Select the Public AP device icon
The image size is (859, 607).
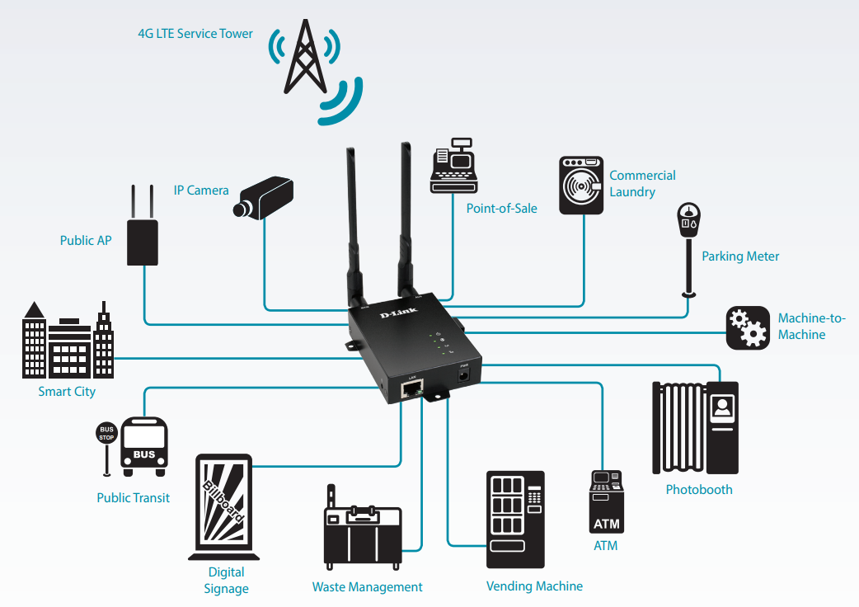point(143,238)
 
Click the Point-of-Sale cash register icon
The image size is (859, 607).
point(453,170)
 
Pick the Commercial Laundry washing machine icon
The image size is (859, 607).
point(581,186)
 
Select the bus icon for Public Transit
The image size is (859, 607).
point(144,446)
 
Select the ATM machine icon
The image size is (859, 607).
point(606,502)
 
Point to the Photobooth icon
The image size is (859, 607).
point(695,427)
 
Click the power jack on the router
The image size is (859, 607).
point(464,375)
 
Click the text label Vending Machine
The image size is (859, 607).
point(534,586)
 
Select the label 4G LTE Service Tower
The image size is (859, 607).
point(195,34)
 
